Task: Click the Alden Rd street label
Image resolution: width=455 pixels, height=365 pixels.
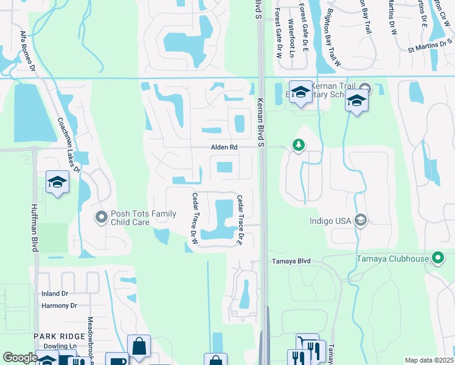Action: click(224, 148)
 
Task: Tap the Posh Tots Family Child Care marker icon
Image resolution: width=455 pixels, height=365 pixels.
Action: click(101, 216)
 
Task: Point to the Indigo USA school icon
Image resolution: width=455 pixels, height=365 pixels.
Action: click(361, 220)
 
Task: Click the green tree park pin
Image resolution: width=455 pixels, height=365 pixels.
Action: click(298, 145)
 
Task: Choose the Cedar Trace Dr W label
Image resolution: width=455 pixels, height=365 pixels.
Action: click(195, 218)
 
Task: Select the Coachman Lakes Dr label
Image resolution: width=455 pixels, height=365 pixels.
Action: click(69, 144)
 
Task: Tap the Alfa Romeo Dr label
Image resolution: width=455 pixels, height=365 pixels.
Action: click(24, 48)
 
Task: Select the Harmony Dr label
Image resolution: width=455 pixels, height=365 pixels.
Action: click(59, 305)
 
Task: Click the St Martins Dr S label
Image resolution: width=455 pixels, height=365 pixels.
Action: click(431, 46)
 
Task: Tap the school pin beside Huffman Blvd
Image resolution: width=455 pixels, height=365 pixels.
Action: click(57, 182)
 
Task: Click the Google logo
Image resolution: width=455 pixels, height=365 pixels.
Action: click(20, 358)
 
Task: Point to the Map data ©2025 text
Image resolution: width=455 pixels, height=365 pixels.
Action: click(428, 360)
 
